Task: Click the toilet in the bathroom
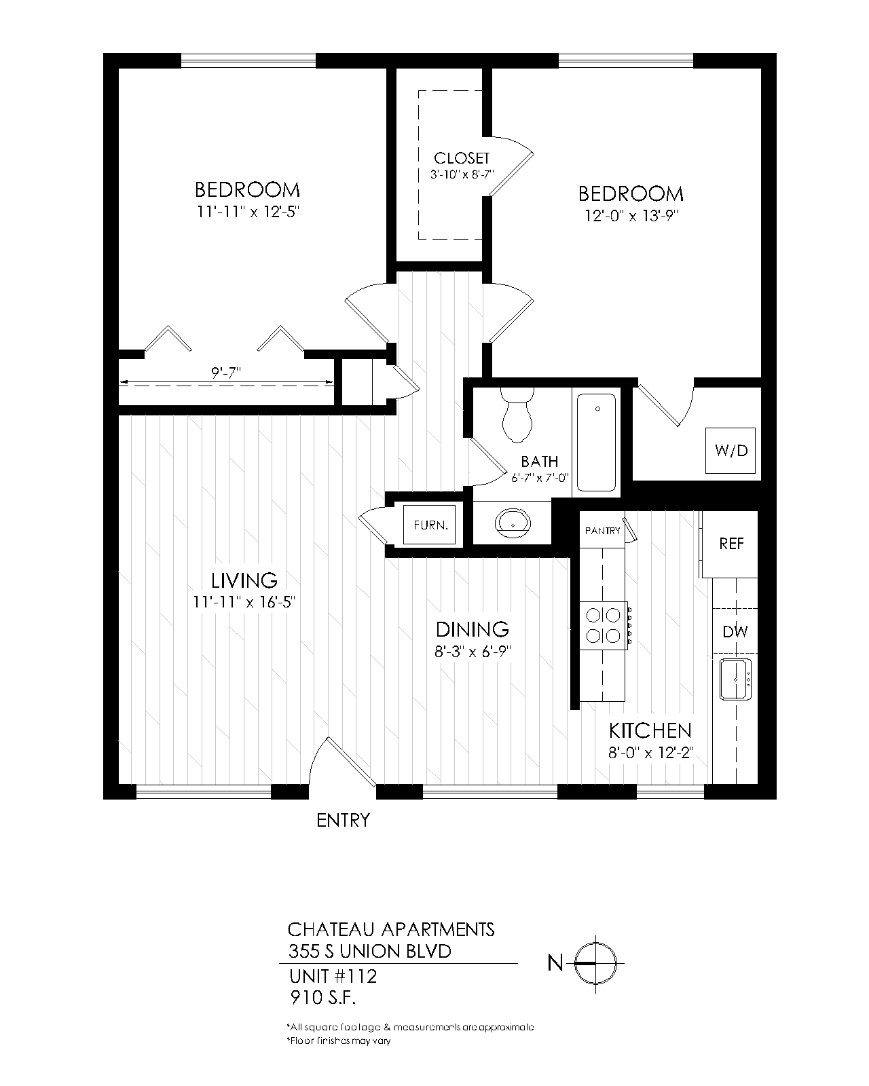(517, 415)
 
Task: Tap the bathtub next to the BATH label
(597, 443)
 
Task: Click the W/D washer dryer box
(731, 451)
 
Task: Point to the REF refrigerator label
(731, 544)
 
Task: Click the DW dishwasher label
(735, 632)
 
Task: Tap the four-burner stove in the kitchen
(603, 625)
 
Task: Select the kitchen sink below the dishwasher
(736, 679)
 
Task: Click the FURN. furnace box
(430, 525)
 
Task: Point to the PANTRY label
(602, 531)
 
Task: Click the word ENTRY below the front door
(344, 821)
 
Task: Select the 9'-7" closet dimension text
(227, 372)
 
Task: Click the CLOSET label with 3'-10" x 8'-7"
(462, 166)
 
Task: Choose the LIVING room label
(244, 581)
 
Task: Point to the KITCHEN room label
(650, 731)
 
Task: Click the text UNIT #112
(333, 977)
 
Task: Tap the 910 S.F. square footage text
(322, 998)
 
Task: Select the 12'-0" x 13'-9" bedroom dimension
(631, 216)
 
